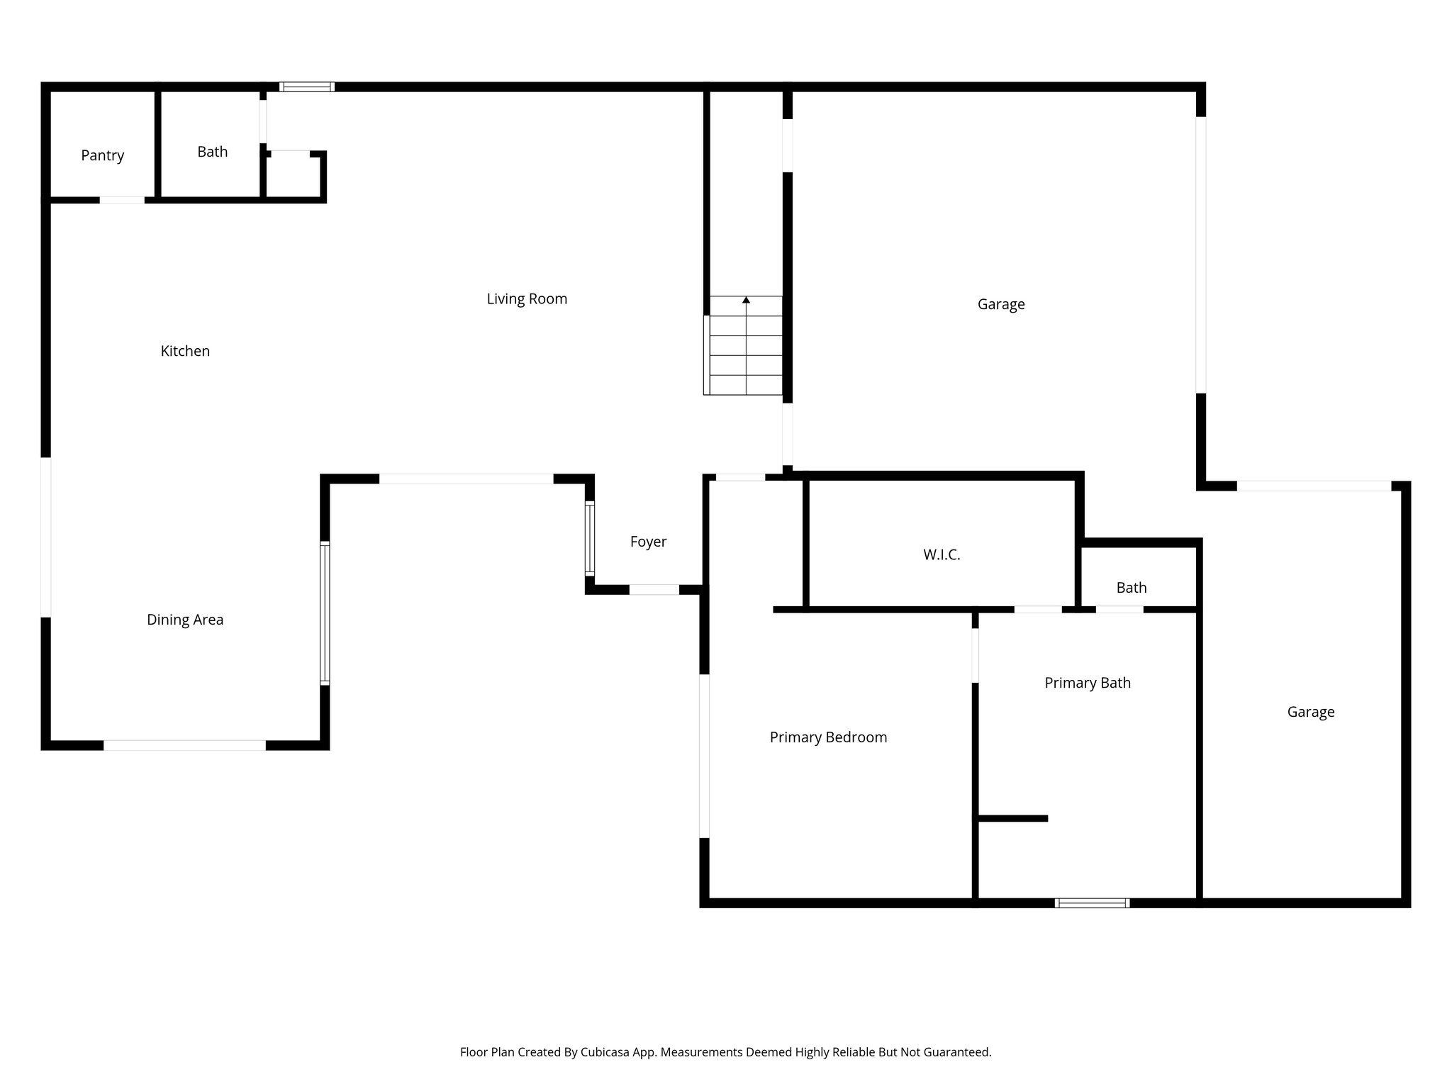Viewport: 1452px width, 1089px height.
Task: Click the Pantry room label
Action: [102, 155]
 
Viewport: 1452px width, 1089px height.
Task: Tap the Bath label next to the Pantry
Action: [212, 152]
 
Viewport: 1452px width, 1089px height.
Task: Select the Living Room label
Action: [527, 299]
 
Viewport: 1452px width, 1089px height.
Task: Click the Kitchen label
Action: [185, 351]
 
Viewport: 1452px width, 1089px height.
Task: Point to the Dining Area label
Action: [185, 620]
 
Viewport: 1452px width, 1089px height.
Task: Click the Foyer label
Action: [648, 542]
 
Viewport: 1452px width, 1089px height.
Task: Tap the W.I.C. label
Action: [942, 555]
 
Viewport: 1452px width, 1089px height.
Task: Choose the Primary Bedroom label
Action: [828, 737]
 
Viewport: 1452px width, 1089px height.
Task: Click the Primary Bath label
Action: [1087, 683]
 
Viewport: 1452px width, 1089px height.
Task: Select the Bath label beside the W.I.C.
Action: [1131, 588]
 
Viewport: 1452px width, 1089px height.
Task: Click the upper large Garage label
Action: [1000, 304]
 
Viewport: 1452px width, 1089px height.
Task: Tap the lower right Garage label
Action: [1310, 712]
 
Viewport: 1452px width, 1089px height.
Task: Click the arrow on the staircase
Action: [746, 301]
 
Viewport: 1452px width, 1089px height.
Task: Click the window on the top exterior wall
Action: [306, 87]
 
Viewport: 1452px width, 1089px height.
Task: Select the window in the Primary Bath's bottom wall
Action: [1092, 903]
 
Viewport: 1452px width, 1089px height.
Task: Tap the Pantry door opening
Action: [122, 200]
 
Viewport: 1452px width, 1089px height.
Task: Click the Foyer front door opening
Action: [654, 589]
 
